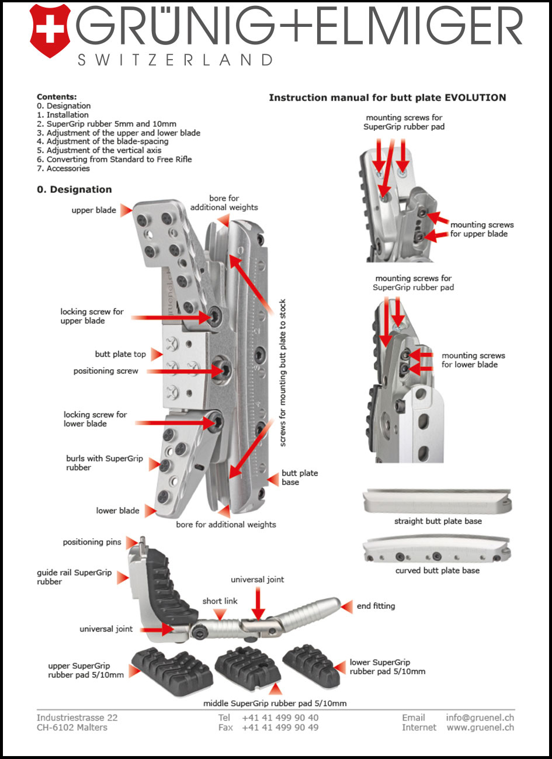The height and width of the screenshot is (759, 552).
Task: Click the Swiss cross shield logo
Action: [x=50, y=30]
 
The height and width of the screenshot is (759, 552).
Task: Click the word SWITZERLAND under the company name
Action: [x=175, y=60]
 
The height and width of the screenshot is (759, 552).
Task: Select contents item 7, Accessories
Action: [x=63, y=168]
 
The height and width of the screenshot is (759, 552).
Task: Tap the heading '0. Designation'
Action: [x=74, y=189]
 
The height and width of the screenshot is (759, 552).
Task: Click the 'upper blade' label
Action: [x=93, y=210]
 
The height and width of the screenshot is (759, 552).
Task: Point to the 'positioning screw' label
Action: [x=106, y=371]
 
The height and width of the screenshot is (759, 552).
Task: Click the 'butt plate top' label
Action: [x=120, y=354]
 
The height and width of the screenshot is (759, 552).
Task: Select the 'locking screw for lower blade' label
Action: [x=95, y=419]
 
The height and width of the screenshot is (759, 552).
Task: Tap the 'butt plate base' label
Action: [x=300, y=477]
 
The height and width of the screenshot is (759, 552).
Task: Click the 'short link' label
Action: [x=220, y=601]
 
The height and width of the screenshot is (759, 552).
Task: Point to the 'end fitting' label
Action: [x=376, y=606]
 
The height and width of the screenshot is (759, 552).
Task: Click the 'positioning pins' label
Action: [x=92, y=542]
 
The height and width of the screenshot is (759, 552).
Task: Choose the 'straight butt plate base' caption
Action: [x=438, y=521]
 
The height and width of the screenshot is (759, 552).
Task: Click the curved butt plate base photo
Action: [x=436, y=550]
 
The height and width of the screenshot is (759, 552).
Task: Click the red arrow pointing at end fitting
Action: [x=347, y=606]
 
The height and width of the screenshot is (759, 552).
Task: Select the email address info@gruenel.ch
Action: [x=480, y=718]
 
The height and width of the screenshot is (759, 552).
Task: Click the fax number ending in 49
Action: [x=280, y=727]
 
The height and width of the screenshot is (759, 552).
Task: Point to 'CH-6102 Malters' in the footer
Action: [x=72, y=727]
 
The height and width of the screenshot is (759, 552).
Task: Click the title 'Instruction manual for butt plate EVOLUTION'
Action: [x=387, y=98]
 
